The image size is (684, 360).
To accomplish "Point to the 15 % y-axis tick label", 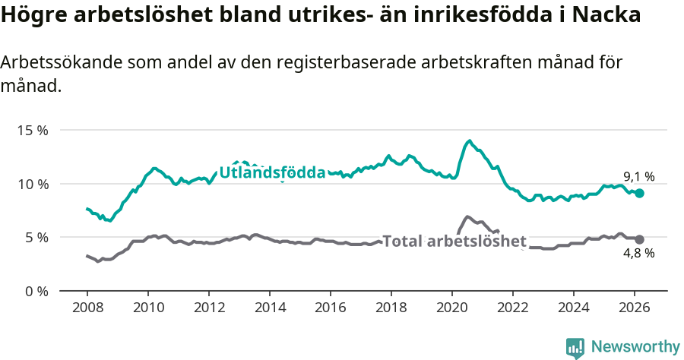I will tap(33, 131).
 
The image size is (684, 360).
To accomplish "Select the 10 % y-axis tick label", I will tap(33, 184).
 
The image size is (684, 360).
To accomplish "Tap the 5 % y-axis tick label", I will tap(36, 237).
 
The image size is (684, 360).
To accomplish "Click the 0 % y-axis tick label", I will tap(36, 291).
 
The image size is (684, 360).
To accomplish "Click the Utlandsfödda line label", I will tap(272, 172).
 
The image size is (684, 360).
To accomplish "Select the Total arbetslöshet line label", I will tap(454, 242).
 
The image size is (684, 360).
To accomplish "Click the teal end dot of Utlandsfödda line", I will tap(640, 194).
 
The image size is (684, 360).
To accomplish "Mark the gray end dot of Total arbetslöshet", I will tap(640, 239).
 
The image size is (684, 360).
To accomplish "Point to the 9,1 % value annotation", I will tap(638, 177).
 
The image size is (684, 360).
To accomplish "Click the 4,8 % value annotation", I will tap(638, 254).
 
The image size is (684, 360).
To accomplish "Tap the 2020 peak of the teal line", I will tap(470, 141).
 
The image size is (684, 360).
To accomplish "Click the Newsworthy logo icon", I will tap(575, 348).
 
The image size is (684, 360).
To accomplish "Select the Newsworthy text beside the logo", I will tap(635, 347).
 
